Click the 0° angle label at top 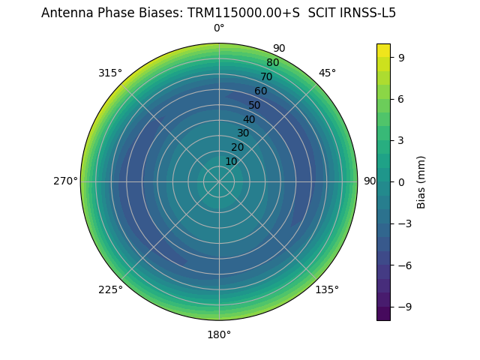click(x=219, y=28)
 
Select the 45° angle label click(x=327, y=73)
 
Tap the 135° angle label click(x=327, y=289)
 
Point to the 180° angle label click(x=219, y=334)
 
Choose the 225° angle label click(x=110, y=289)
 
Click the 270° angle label click(x=65, y=181)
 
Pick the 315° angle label click(x=110, y=73)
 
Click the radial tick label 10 click(x=231, y=161)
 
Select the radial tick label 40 click(x=249, y=120)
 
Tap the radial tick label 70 click(x=266, y=77)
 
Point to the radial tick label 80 click(x=272, y=63)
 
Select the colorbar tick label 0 click(x=402, y=181)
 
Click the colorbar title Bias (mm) click(x=421, y=181)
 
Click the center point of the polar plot click(x=219, y=181)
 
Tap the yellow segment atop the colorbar click(x=383, y=49)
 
